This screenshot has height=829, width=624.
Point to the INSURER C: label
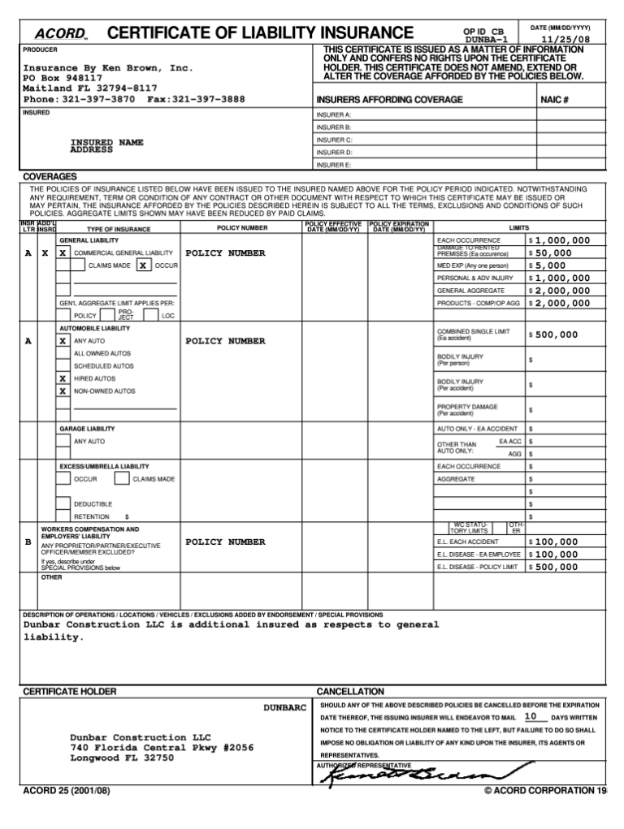(334, 140)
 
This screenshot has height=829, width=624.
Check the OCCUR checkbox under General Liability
(143, 266)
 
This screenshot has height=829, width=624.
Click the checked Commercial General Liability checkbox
(63, 253)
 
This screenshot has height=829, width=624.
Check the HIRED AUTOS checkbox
(63, 378)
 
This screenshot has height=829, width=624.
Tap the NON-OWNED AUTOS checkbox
(63, 391)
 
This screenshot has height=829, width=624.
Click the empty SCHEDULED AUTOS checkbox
(63, 365)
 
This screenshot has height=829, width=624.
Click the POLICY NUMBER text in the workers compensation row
(225, 542)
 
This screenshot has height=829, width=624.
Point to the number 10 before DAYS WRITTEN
(530, 717)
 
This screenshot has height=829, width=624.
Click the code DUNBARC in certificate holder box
(284, 708)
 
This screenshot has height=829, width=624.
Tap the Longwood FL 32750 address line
(122, 758)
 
